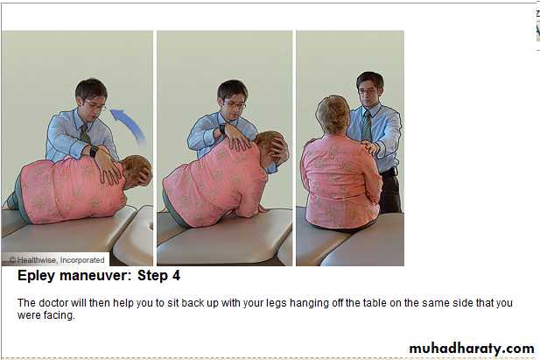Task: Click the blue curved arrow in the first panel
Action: click(x=131, y=123)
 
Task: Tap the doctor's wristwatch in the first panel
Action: click(x=94, y=151)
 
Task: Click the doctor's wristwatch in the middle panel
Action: click(x=223, y=130)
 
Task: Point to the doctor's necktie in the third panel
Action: click(x=367, y=125)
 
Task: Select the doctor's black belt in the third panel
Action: click(x=389, y=172)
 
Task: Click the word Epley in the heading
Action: click(x=36, y=276)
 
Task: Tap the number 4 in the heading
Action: click(x=176, y=276)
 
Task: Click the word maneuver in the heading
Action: click(x=95, y=276)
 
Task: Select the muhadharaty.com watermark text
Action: click(x=472, y=349)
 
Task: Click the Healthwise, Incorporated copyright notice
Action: click(x=57, y=260)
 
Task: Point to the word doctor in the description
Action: click(x=54, y=303)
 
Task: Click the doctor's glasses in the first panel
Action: click(x=94, y=105)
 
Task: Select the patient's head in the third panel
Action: click(x=333, y=115)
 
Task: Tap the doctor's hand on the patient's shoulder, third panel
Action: click(x=371, y=147)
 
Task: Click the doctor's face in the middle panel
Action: click(x=234, y=103)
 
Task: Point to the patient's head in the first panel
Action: click(x=137, y=171)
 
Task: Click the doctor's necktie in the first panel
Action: click(x=85, y=133)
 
